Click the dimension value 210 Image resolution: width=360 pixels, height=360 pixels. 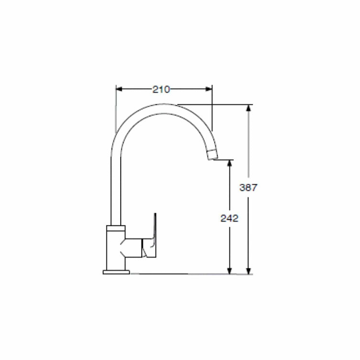click(x=161, y=90)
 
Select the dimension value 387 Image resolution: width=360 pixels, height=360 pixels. click(x=248, y=188)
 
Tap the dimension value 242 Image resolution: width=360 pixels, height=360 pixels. click(x=229, y=218)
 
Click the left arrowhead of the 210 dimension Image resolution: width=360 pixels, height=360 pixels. click(x=119, y=89)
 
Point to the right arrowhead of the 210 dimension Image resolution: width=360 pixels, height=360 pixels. click(x=209, y=89)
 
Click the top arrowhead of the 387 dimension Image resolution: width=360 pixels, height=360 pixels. click(x=248, y=108)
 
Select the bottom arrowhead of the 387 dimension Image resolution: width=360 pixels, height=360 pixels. click(x=248, y=270)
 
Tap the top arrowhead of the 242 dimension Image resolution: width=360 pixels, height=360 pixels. click(x=229, y=163)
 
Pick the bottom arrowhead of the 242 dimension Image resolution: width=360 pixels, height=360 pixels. click(x=229, y=270)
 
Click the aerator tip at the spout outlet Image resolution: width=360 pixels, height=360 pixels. click(x=212, y=154)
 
